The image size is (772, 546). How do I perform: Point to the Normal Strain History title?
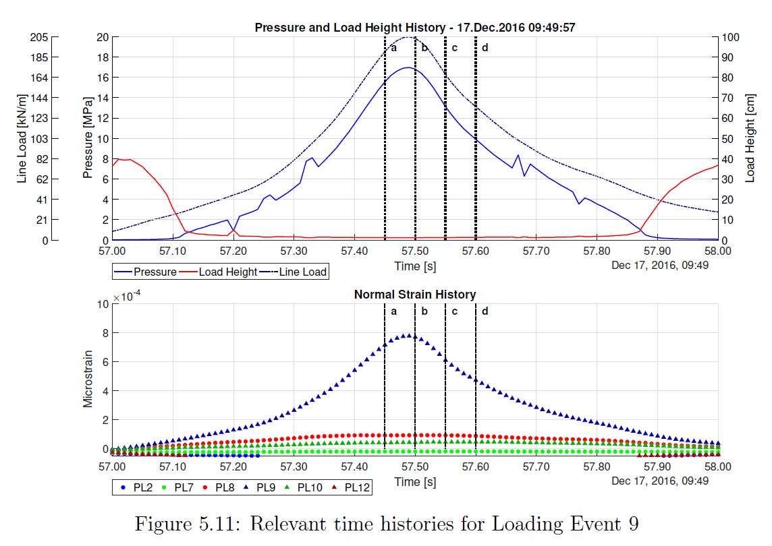click(x=414, y=295)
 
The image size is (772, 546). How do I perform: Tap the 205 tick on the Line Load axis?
click(x=38, y=37)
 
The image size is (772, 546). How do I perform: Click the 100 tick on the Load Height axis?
click(x=732, y=37)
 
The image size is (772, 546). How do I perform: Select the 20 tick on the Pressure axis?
click(x=102, y=37)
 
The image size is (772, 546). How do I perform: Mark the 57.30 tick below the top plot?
click(x=294, y=251)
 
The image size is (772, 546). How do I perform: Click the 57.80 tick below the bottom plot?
click(x=597, y=465)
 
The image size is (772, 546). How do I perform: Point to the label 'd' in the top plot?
click(x=485, y=48)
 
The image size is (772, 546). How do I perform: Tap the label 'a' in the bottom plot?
click(x=393, y=311)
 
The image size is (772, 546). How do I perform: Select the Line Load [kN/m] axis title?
click(x=22, y=138)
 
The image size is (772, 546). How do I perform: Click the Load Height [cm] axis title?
click(x=750, y=138)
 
